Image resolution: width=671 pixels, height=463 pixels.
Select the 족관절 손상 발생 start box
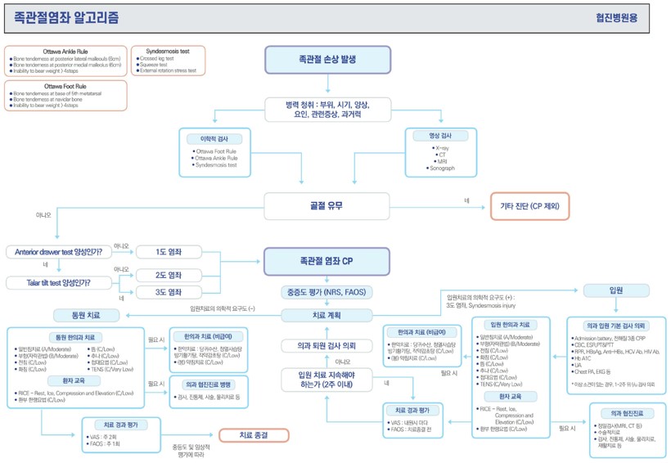327,60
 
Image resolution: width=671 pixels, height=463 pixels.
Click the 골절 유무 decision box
327,205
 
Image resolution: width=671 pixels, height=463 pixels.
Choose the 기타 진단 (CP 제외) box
529,206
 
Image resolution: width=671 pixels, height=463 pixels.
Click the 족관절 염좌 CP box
327,261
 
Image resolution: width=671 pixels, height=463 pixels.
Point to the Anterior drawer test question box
59,252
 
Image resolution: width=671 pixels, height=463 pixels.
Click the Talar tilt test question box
59,283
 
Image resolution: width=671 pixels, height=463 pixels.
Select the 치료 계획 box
327,315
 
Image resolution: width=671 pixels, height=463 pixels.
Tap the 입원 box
615,290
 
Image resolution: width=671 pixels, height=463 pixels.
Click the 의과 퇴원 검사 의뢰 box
327,346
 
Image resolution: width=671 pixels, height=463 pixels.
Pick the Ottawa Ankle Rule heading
65,51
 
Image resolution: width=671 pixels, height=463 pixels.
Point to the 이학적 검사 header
214,138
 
